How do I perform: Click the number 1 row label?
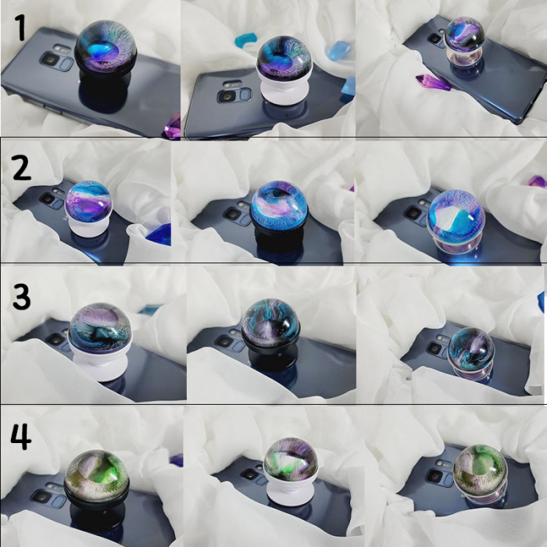coord(20,27)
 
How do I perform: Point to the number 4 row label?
coord(21,436)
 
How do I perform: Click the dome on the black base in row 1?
coord(105,47)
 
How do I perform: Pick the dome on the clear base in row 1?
coord(465,34)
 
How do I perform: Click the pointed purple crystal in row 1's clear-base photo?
coord(433,82)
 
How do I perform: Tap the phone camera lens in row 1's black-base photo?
coord(51,59)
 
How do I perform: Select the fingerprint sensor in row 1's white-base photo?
coord(245,95)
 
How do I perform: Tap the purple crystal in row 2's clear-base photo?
coord(538,182)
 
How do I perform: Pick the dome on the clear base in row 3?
coord(471,349)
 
